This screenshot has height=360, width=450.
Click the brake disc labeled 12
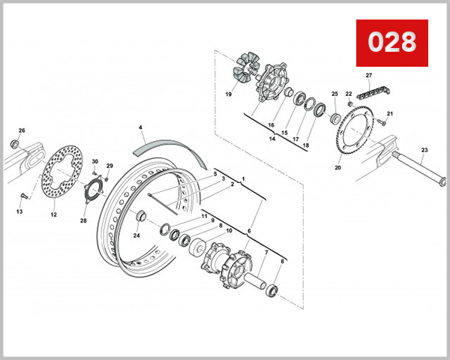pos(60,176)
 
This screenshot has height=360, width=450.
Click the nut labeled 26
pos(15,142)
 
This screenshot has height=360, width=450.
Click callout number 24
pos(137,235)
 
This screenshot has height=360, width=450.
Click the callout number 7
pos(265,253)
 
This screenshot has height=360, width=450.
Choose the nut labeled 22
pos(349,103)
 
